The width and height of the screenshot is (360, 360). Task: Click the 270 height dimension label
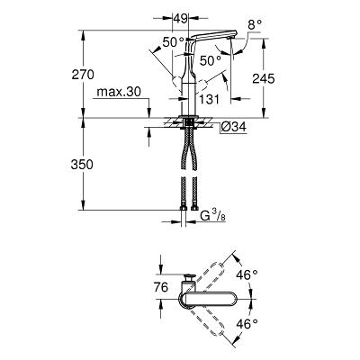83,75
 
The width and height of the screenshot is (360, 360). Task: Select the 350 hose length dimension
82,165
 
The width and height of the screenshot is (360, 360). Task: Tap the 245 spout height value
264,78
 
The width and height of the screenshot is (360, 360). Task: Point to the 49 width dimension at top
180,19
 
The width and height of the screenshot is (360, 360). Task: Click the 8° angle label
255,25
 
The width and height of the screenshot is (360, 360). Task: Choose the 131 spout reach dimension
209,99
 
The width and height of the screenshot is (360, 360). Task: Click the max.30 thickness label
119,92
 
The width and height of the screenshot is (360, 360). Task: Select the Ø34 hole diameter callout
234,127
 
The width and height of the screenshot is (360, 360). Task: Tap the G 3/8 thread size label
212,216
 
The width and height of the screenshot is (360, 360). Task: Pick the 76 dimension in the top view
160,287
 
